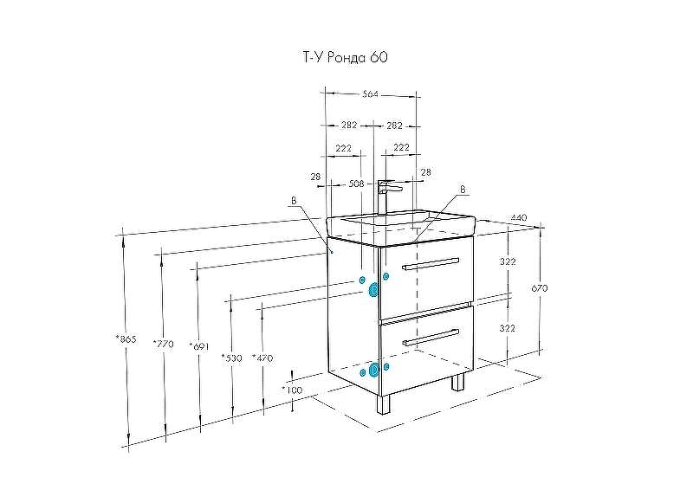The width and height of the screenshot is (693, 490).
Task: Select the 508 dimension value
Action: pyautogui.click(x=355, y=184)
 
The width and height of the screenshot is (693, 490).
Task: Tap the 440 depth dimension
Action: pyautogui.click(x=520, y=217)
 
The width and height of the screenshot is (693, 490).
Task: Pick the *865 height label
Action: pyautogui.click(x=126, y=339)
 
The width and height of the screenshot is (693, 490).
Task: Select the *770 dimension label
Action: pyautogui.click(x=162, y=344)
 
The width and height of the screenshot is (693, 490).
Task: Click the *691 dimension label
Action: pyautogui.click(x=199, y=346)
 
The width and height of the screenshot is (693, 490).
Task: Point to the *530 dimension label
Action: pyautogui.click(x=231, y=357)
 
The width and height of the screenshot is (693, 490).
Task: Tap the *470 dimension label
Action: pyautogui.click(x=262, y=357)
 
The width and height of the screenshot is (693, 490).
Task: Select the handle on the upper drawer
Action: pyautogui.click(x=431, y=263)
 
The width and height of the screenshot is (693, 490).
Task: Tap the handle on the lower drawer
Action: pyautogui.click(x=431, y=336)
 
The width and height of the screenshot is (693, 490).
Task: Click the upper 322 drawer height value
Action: pyautogui.click(x=508, y=261)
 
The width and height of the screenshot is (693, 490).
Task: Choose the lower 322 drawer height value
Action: pyautogui.click(x=508, y=328)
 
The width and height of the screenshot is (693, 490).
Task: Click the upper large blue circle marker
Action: pyautogui.click(x=374, y=291)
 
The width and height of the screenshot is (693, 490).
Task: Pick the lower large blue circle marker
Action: pyautogui.click(x=374, y=371)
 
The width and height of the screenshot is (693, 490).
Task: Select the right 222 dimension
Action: pyautogui.click(x=401, y=148)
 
